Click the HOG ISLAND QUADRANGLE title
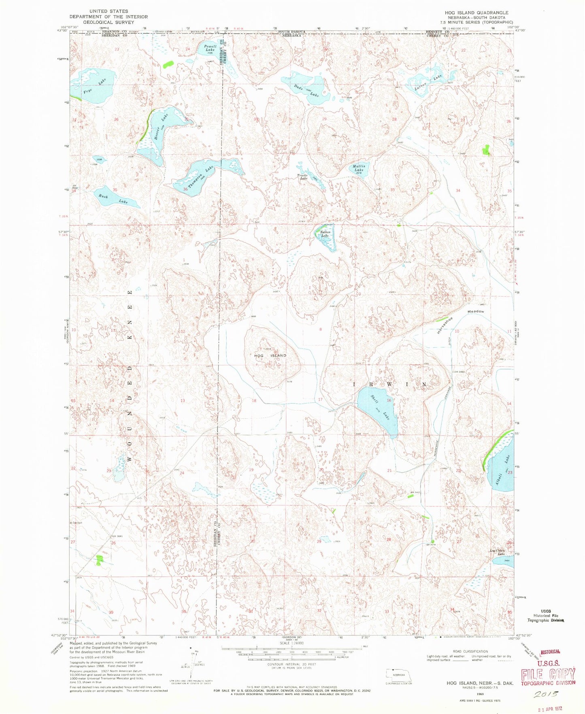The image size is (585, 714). click(x=477, y=13)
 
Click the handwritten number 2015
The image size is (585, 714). click(x=545, y=694)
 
